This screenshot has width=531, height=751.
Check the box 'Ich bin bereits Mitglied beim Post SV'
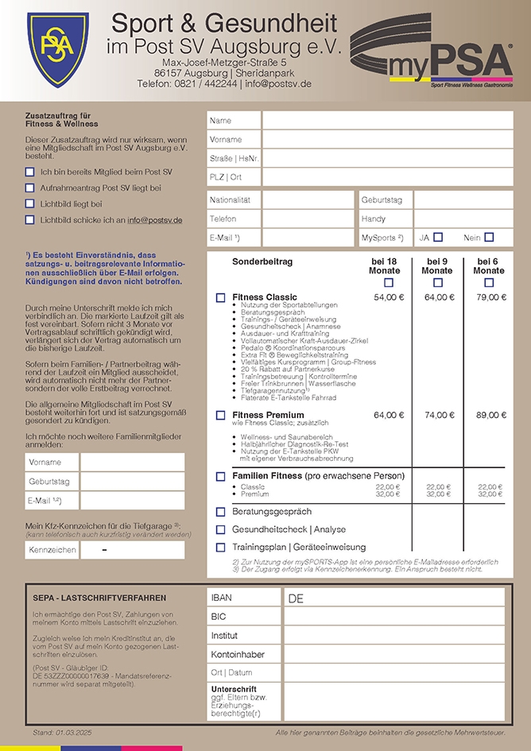coord(30,172)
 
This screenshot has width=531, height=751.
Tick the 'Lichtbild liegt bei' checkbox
coord(30,204)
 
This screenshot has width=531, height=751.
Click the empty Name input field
coord(387,120)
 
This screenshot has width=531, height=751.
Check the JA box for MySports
coord(438,237)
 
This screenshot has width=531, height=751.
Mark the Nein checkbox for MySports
coord(489,237)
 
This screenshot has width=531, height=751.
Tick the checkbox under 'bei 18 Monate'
coord(389,282)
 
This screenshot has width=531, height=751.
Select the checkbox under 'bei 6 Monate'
coord(489,282)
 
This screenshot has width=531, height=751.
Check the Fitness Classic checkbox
coord(221,297)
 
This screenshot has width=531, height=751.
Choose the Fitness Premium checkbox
coord(221,415)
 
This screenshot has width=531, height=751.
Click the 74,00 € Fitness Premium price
coord(438,415)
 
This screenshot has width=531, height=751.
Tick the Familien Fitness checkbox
coord(221,476)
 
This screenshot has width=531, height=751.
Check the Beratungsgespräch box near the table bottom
coord(221,512)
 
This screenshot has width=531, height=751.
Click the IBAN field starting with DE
coord(393,598)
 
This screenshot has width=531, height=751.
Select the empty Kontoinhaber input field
coord(393,654)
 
